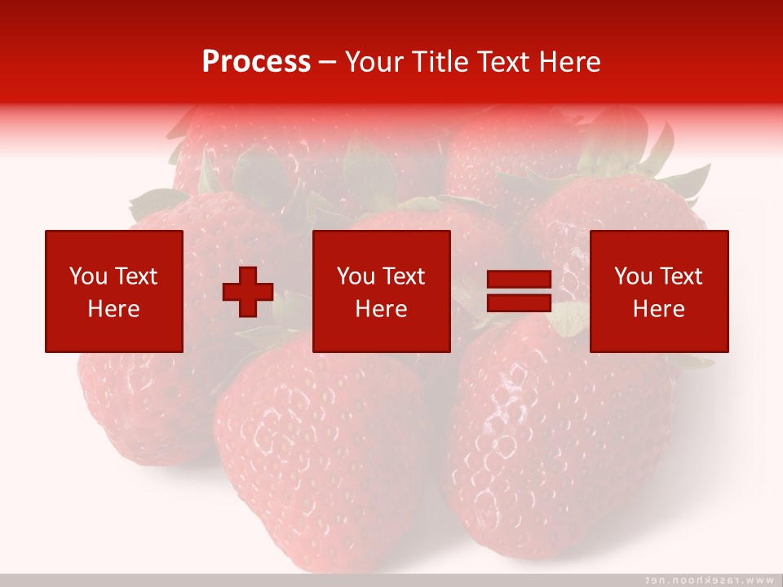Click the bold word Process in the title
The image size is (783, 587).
(x=256, y=61)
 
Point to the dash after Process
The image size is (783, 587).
(x=328, y=63)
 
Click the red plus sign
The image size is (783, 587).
(x=248, y=292)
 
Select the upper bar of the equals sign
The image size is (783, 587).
(x=520, y=280)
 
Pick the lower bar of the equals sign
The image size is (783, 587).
(x=520, y=303)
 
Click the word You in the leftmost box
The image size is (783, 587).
(x=86, y=276)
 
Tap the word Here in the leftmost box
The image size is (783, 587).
(x=113, y=309)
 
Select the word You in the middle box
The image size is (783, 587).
(x=355, y=276)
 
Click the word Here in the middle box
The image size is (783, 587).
(x=381, y=309)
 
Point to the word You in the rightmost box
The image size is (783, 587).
(x=632, y=276)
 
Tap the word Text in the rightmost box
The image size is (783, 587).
(x=680, y=276)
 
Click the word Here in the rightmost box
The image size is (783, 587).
(x=658, y=309)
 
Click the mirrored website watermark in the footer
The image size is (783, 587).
(x=710, y=580)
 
